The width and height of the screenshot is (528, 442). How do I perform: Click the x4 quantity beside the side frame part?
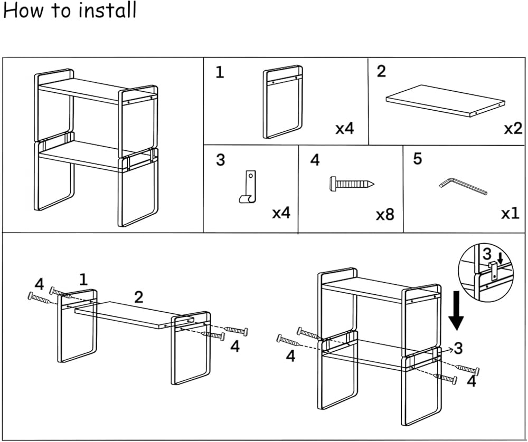344,128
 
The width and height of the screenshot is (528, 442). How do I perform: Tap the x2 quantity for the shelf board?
513,128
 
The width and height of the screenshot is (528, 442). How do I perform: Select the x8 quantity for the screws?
385,214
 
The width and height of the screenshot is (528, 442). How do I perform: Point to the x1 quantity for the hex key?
510,214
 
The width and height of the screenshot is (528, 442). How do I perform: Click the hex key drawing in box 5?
463,187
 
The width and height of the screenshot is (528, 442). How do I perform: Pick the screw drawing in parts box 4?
351,184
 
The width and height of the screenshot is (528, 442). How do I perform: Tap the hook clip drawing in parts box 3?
248,187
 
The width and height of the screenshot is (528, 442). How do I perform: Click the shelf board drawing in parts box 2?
445,101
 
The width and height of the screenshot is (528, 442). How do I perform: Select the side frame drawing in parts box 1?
282,102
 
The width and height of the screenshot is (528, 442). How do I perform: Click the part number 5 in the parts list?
417,158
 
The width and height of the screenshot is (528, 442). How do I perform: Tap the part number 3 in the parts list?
220,160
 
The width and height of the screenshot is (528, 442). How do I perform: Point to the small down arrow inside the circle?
501,258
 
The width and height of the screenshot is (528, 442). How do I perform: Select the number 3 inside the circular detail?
487,254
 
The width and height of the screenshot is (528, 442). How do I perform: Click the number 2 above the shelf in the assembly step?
138,297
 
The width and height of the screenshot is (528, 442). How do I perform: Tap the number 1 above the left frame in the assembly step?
83,280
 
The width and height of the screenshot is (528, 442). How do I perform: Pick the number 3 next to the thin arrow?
458,349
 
